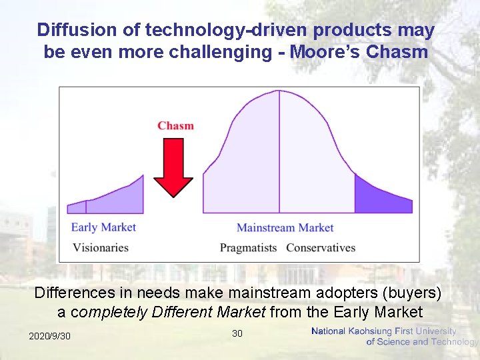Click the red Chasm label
pyautogui.click(x=175, y=125)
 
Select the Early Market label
pyautogui.click(x=103, y=227)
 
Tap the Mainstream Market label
pyautogui.click(x=285, y=228)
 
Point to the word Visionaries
pyautogui.click(x=100, y=248)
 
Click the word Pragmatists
pyautogui.click(x=248, y=248)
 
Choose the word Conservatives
pyautogui.click(x=321, y=248)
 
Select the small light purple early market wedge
pyautogui.click(x=77, y=207)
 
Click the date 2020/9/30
pyautogui.click(x=49, y=336)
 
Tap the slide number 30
pyautogui.click(x=237, y=333)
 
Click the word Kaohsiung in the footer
pyautogui.click(x=371, y=331)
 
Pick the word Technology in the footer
pyautogui.click(x=455, y=342)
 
